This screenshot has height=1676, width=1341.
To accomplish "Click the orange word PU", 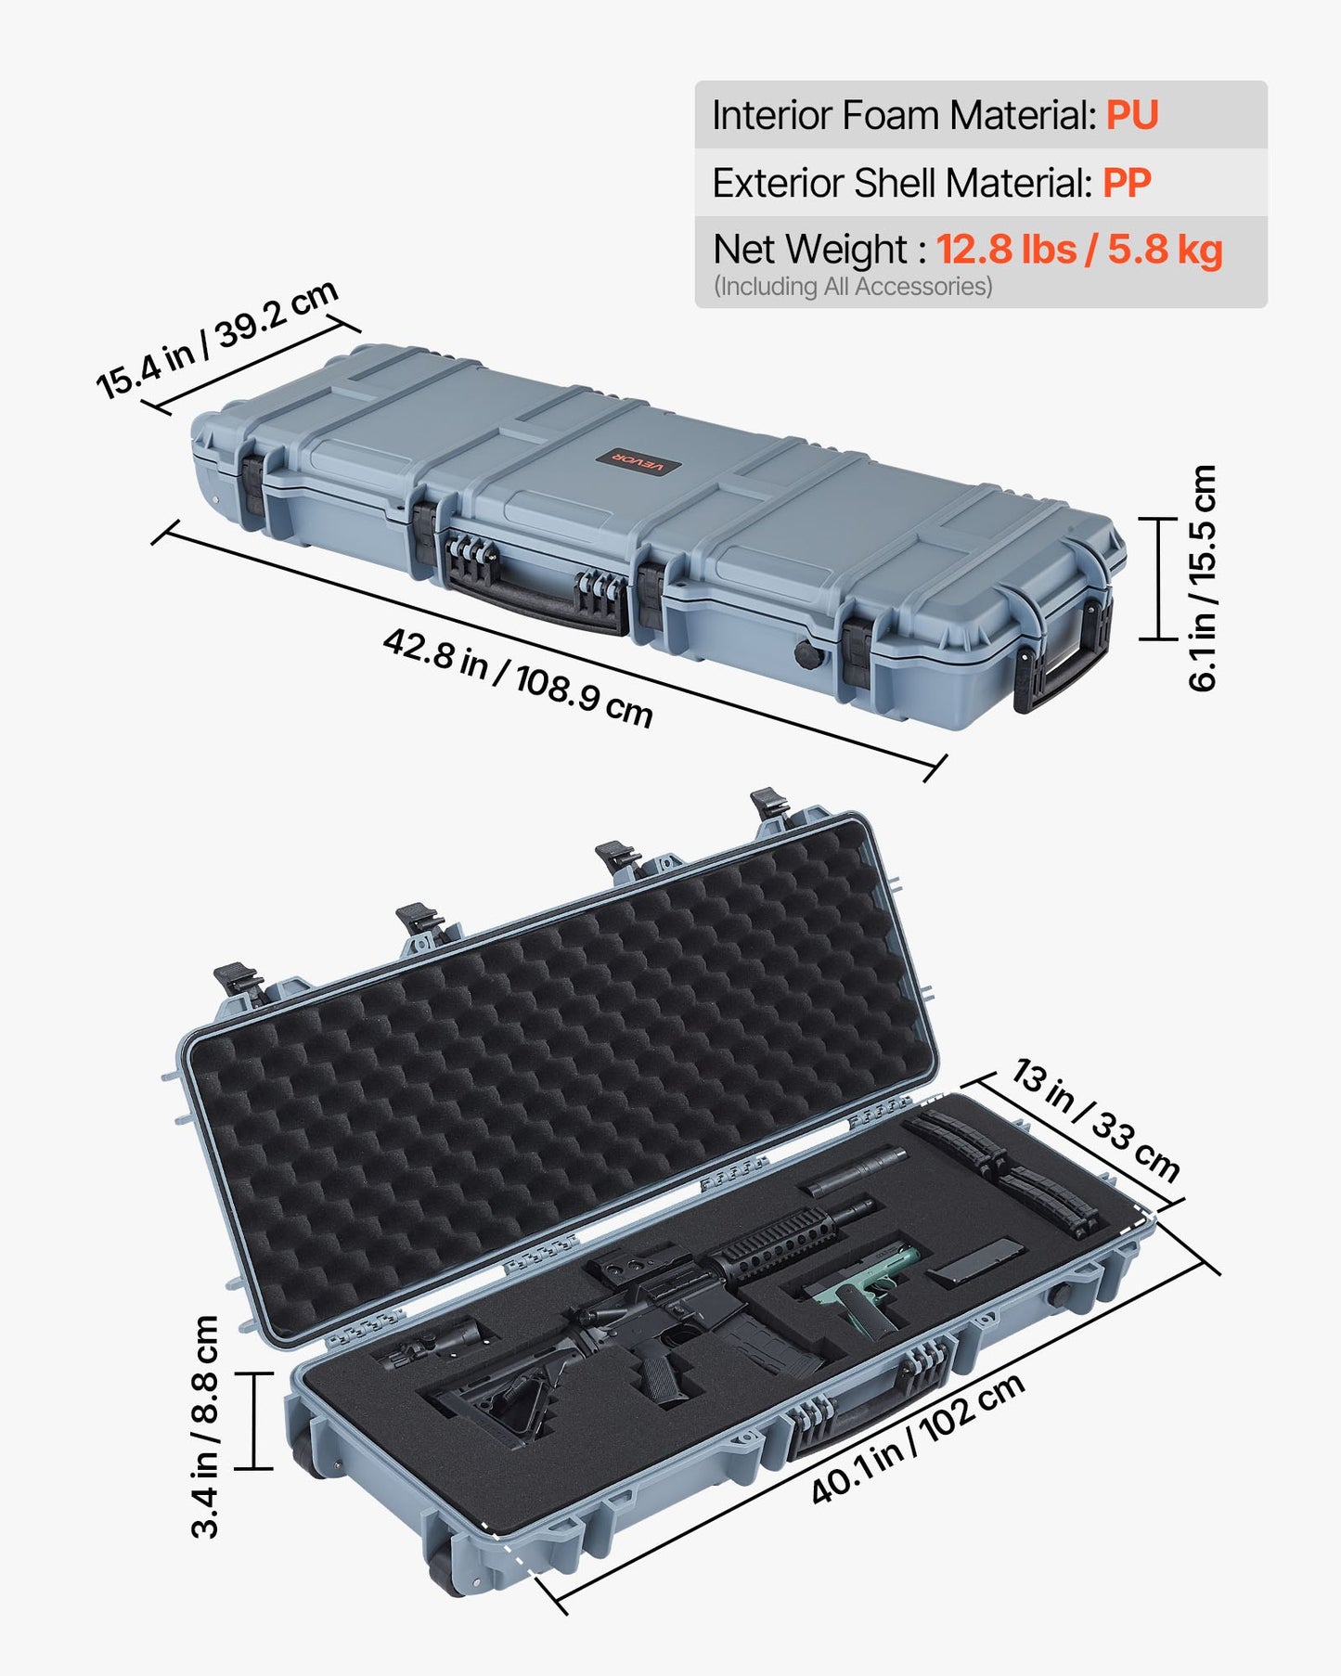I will [1132, 116].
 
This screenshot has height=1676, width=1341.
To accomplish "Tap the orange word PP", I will [1127, 184].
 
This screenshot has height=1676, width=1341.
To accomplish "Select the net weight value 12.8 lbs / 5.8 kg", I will [1078, 251].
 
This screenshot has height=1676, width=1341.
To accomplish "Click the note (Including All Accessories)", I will [853, 287].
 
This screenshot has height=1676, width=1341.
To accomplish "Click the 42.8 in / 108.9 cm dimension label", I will [518, 678].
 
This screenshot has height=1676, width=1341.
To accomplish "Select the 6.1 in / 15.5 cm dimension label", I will [1203, 578].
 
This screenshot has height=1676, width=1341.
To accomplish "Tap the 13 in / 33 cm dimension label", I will [1095, 1120].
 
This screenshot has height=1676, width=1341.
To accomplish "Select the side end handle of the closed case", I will [1065, 660].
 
